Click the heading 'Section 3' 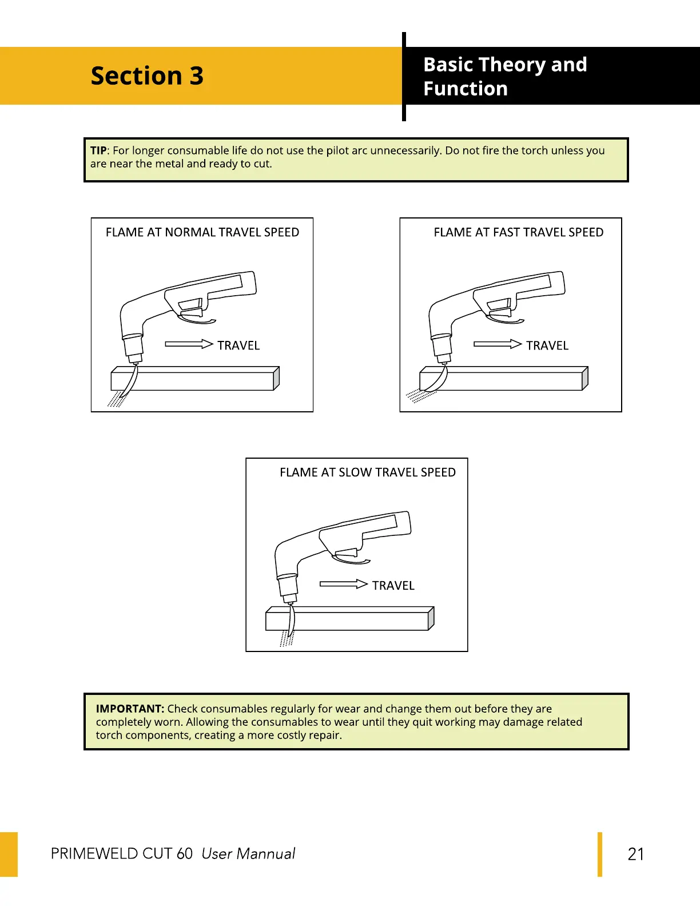(x=147, y=76)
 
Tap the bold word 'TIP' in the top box (x=98, y=151)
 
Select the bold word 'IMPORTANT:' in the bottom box (x=130, y=709)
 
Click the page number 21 (x=635, y=854)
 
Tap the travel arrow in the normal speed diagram (x=189, y=344)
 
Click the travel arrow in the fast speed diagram (x=498, y=344)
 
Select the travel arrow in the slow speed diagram (x=343, y=584)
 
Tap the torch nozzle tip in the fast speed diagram (x=444, y=360)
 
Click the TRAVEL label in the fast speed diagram (x=547, y=345)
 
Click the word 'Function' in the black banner (x=466, y=89)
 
